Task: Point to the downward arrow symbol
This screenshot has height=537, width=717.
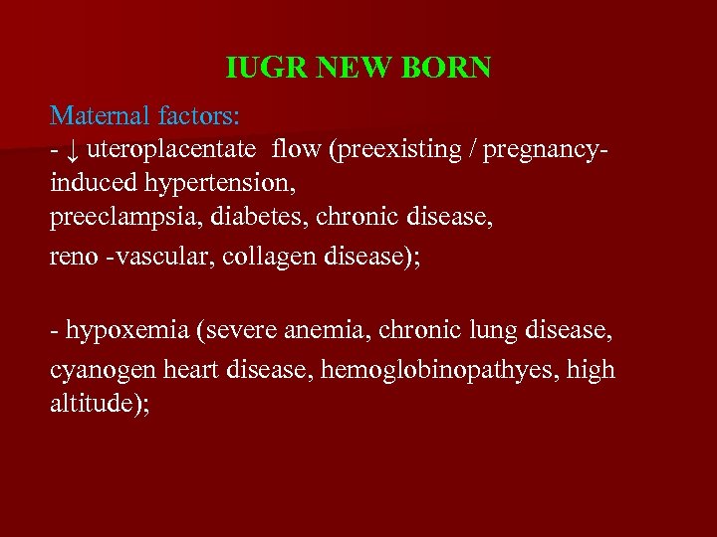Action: point(73,151)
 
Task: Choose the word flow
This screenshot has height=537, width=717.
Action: point(301,151)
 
